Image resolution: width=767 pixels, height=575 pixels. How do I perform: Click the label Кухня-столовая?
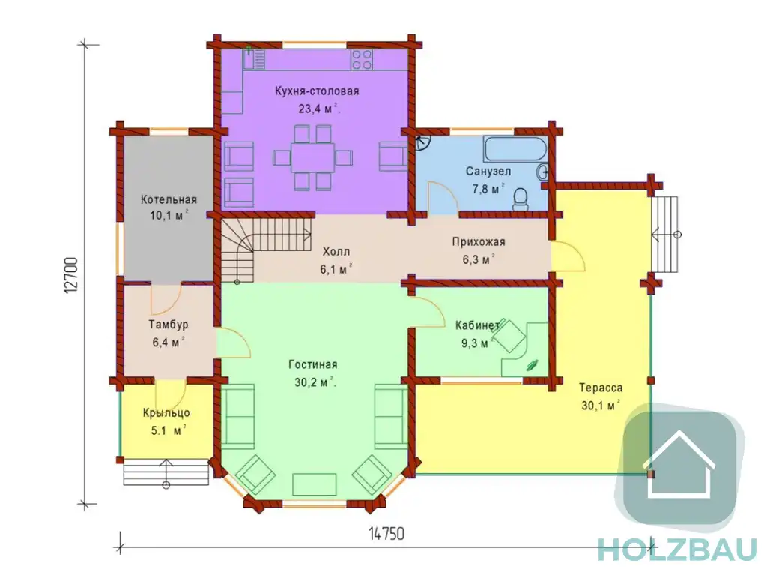[x=317, y=91]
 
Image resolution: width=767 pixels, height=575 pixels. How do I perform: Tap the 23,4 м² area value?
[x=319, y=108]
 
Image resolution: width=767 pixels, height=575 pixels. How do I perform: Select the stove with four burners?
[x=361, y=59]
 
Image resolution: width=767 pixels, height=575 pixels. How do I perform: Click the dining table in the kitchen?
[x=312, y=157]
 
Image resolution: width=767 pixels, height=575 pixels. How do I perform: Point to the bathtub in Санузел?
[x=515, y=149]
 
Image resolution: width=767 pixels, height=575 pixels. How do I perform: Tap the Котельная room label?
[x=169, y=199]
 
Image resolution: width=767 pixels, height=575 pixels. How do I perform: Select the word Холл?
[x=336, y=252]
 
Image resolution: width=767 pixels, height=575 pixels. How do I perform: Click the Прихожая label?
[x=479, y=241]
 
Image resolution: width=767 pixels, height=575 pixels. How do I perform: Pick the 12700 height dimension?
[x=71, y=275]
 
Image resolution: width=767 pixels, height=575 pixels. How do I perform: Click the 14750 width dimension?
[x=386, y=533]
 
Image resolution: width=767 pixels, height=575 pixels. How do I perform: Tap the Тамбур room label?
[x=169, y=324]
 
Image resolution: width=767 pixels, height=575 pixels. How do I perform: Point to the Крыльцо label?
[x=166, y=413]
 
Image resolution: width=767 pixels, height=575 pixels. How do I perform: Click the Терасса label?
[x=601, y=388]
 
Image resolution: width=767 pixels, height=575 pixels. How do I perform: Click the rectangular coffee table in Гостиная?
[x=315, y=484]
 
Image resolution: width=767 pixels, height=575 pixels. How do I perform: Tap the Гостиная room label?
[x=313, y=364]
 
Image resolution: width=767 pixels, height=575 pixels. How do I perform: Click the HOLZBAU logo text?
[x=677, y=550]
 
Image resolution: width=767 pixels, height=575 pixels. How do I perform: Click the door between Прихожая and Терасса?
[x=568, y=256]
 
